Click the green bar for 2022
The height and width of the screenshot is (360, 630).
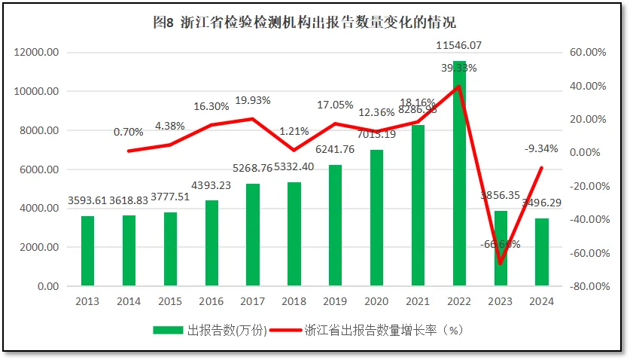click(459, 173)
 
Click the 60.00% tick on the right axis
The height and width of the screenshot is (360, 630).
click(581, 53)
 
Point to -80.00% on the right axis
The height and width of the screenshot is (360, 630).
click(580, 286)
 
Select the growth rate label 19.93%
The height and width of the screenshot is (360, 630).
click(253, 99)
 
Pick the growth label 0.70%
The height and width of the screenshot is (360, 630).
click(129, 132)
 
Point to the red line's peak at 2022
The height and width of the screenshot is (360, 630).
click(459, 86)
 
